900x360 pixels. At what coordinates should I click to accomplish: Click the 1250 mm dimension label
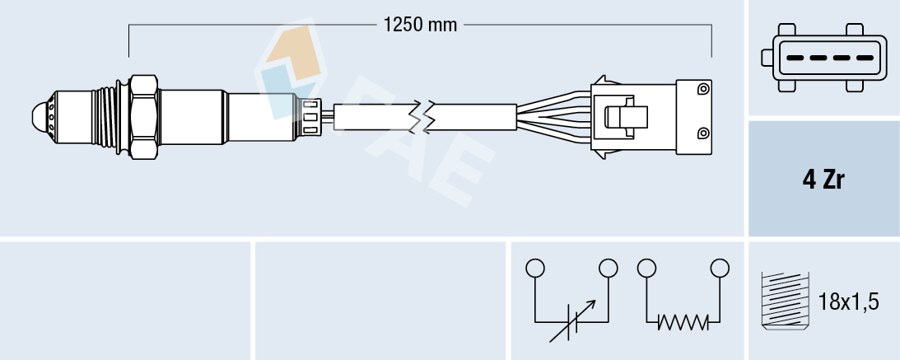[x=420, y=25]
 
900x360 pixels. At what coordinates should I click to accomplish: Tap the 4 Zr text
[x=823, y=181]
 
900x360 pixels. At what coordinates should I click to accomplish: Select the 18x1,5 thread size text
[x=850, y=302]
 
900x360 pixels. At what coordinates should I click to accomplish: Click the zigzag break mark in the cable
[x=427, y=116]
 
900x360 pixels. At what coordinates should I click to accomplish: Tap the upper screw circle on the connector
[x=702, y=89]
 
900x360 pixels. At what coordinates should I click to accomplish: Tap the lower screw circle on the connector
[x=702, y=133]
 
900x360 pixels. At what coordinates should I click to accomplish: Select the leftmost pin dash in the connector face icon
[x=795, y=58]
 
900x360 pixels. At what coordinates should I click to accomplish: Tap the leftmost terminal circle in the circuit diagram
[x=535, y=268]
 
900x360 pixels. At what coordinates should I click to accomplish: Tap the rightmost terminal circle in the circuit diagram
[x=720, y=268]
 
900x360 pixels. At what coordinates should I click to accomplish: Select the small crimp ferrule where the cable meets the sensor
[x=311, y=115]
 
